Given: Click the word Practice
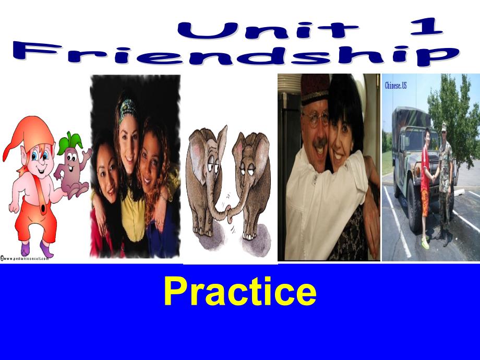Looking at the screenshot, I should tap(239, 292).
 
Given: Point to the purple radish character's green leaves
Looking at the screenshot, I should tap(70, 141).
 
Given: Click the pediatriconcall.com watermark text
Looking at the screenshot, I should tap(26, 258).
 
